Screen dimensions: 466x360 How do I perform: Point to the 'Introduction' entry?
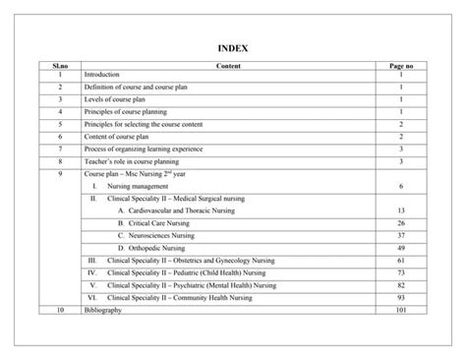tap(102, 75)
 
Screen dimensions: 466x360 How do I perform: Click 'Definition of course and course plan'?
tap(143, 88)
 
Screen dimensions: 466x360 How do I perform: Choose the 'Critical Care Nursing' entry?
tap(159, 223)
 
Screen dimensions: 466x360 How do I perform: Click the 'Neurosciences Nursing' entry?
tap(162, 236)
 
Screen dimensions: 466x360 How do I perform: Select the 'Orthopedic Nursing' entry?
tap(156, 248)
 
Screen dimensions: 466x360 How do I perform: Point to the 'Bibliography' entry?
tap(103, 310)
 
